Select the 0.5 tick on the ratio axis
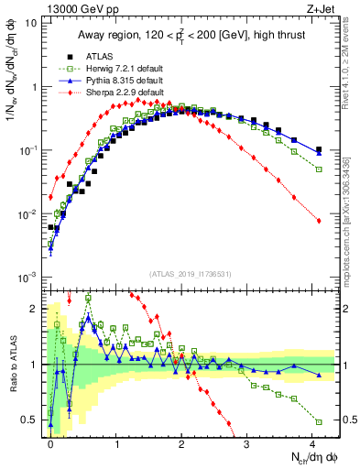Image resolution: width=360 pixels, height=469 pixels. [x=37, y=420]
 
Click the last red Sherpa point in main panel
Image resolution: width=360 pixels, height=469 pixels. [x=318, y=221]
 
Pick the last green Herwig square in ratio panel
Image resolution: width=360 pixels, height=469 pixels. [x=318, y=421]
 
